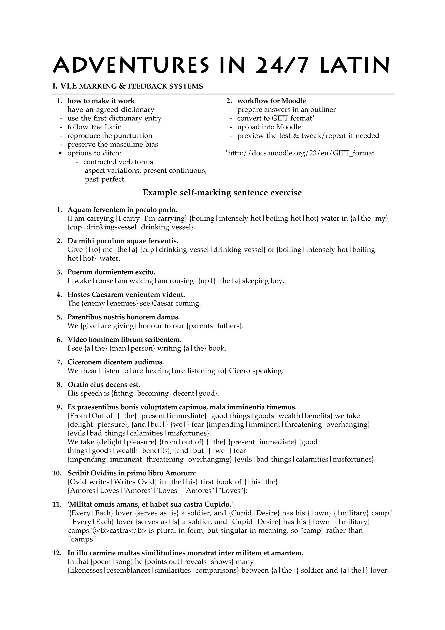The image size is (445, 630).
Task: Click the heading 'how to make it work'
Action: coord(101,101)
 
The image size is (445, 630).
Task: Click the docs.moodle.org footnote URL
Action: coord(299,153)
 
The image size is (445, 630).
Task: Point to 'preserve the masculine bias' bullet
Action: coord(113,144)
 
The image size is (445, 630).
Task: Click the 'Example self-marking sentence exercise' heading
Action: coord(222,193)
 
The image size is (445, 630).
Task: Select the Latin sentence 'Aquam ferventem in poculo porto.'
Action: coord(122,210)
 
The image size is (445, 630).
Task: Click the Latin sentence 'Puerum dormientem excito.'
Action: coord(111,272)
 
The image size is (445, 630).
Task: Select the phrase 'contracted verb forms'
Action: coord(118,162)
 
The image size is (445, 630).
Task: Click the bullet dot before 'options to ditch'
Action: coord(61,153)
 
